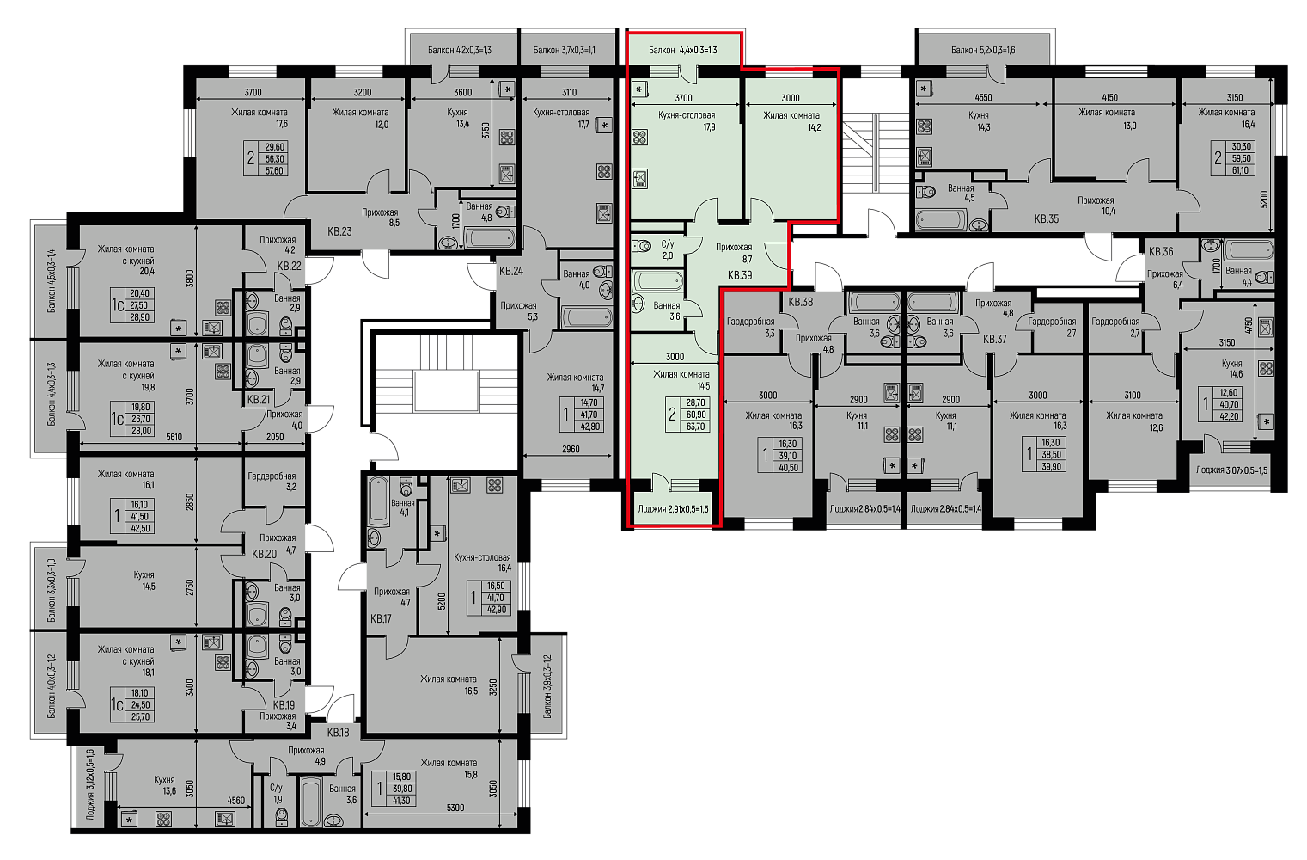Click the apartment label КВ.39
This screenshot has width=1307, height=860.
click(740, 275)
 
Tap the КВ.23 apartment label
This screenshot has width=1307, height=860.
click(339, 232)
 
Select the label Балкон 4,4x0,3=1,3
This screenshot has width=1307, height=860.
click(682, 50)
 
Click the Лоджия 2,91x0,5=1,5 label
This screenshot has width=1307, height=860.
click(674, 508)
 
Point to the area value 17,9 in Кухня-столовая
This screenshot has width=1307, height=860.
click(710, 126)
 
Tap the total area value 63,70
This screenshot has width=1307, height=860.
click(695, 427)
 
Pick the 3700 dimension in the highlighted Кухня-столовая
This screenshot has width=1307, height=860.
click(683, 98)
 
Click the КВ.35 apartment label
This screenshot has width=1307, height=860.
click(1046, 219)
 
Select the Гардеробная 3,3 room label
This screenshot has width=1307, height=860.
click(750, 327)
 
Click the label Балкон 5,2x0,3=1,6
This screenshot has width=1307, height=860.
click(983, 50)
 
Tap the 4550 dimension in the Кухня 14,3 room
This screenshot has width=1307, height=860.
click(983, 97)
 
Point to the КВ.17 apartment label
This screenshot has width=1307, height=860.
click(381, 618)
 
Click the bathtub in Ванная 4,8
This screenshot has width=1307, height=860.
click(490, 238)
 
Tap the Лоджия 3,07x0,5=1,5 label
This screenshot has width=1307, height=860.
click(1231, 470)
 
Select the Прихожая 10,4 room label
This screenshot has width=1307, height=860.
click(1096, 206)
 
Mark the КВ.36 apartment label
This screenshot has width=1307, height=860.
click(1161, 252)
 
